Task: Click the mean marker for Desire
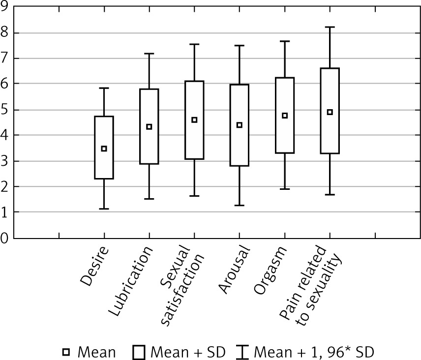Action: point(104,149)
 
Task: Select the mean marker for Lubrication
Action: point(149,127)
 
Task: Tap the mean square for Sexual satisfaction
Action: point(194,120)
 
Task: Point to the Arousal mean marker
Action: point(240,125)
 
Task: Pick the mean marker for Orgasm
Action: point(284,116)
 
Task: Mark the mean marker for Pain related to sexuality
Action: point(330,112)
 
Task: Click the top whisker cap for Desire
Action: point(104,88)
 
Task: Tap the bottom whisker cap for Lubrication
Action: point(149,199)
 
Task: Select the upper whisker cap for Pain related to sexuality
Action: point(330,27)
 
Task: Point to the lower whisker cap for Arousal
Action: point(240,205)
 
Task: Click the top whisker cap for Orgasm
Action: point(284,41)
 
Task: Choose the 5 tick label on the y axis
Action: point(5,110)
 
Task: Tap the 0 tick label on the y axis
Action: point(5,238)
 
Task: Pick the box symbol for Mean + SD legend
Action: point(139,352)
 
